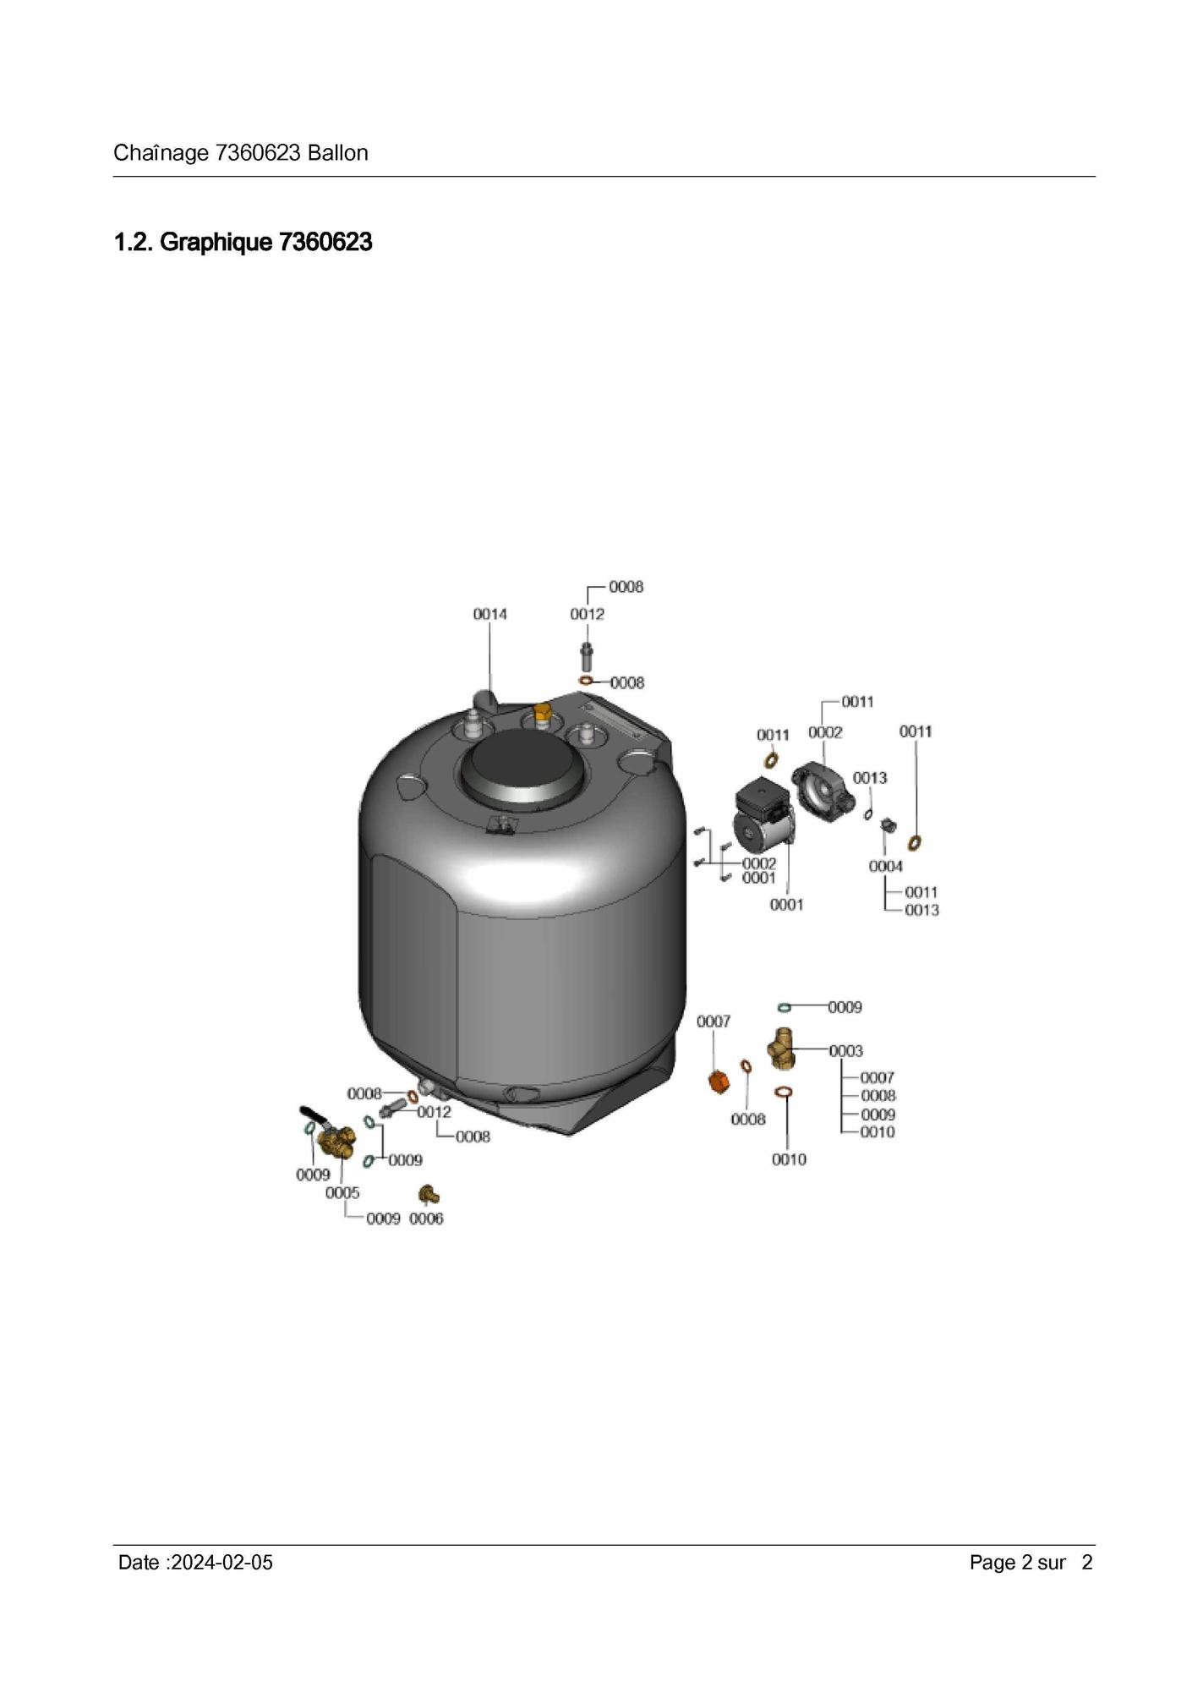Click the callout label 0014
(x=489, y=614)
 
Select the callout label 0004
(x=885, y=867)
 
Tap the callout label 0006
(x=426, y=1219)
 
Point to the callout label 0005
(x=342, y=1193)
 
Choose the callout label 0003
(x=845, y=1051)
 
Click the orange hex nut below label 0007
(x=718, y=1082)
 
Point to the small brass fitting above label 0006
(x=429, y=1194)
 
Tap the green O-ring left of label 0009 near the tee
(x=784, y=1007)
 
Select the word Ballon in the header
(x=338, y=153)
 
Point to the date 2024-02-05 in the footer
(x=221, y=1563)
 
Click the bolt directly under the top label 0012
(x=586, y=656)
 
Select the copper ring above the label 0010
(x=784, y=1093)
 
